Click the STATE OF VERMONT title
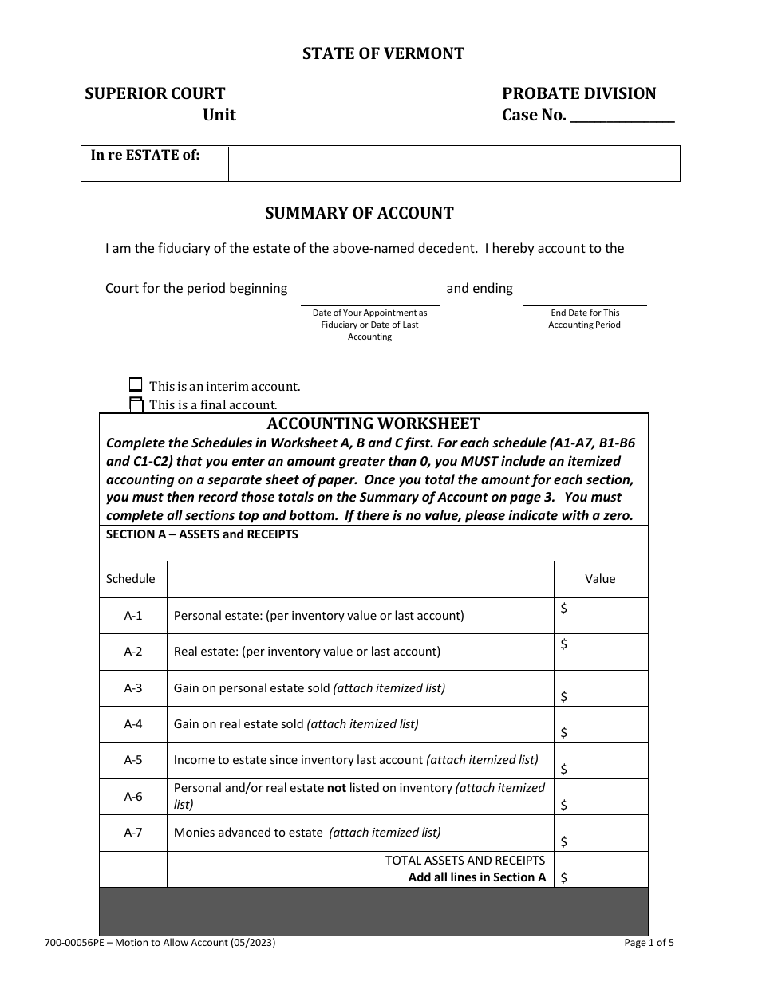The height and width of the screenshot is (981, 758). click(383, 53)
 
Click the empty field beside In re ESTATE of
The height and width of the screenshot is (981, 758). click(453, 163)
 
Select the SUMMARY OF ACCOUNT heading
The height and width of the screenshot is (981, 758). click(359, 213)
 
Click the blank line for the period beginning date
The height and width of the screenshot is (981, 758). click(369, 295)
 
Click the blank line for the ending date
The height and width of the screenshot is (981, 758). click(584, 295)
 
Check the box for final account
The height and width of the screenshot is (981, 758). click(136, 404)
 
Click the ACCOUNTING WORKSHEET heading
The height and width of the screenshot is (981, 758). click(373, 424)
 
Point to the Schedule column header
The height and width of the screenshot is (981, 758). click(131, 579)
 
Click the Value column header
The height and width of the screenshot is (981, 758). click(600, 579)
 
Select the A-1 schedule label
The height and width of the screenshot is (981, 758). click(133, 616)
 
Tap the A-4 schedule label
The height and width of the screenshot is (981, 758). click(133, 724)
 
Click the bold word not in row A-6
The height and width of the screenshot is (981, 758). click(337, 788)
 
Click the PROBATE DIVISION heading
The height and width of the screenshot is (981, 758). click(578, 93)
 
